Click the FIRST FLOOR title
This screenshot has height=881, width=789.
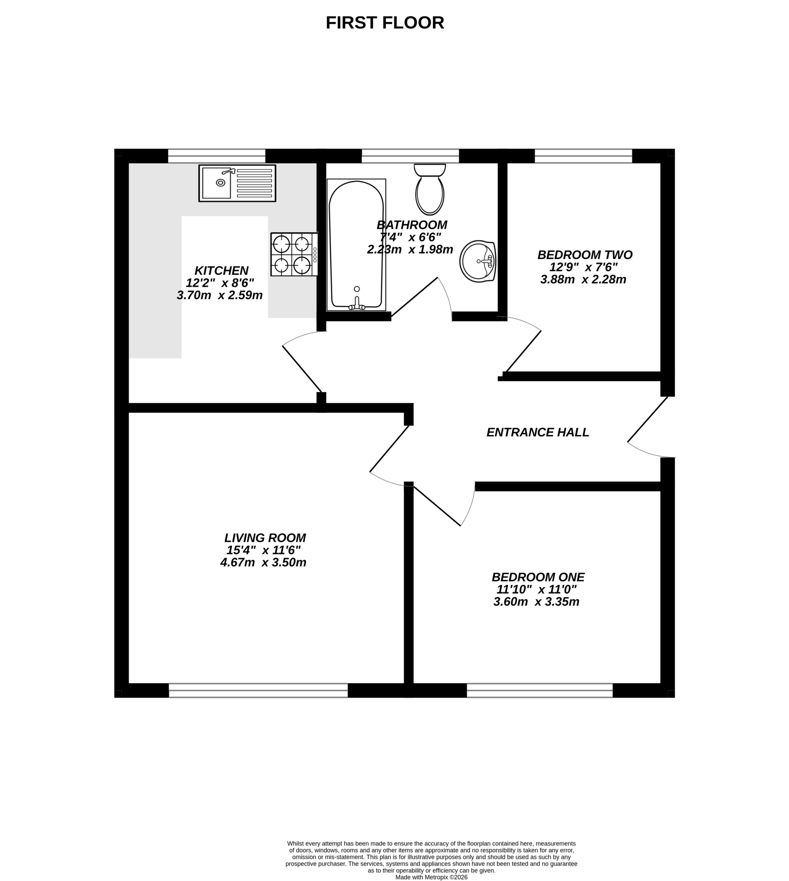[x=385, y=23]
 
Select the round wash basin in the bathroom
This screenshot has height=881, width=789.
[x=477, y=261]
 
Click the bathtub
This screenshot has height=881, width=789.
[x=356, y=245]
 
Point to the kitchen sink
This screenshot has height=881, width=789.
[x=237, y=183]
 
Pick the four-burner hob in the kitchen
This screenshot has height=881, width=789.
[x=294, y=254]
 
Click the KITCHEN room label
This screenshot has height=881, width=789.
[x=221, y=271]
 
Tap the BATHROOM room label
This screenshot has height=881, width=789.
[x=411, y=225]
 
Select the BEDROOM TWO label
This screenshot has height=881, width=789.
[x=585, y=254]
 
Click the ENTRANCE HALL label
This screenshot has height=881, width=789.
[x=538, y=432]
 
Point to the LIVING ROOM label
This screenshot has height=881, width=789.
[x=265, y=538]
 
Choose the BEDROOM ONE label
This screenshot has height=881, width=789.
[x=538, y=577]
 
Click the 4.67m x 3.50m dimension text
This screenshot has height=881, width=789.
[x=263, y=563]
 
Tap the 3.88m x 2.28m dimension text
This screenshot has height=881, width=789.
[x=583, y=280]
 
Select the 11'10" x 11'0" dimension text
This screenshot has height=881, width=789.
[x=537, y=590]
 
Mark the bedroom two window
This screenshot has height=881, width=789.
[x=583, y=156]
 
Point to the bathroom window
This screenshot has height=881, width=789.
[x=410, y=156]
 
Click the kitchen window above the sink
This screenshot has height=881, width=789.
[x=216, y=156]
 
